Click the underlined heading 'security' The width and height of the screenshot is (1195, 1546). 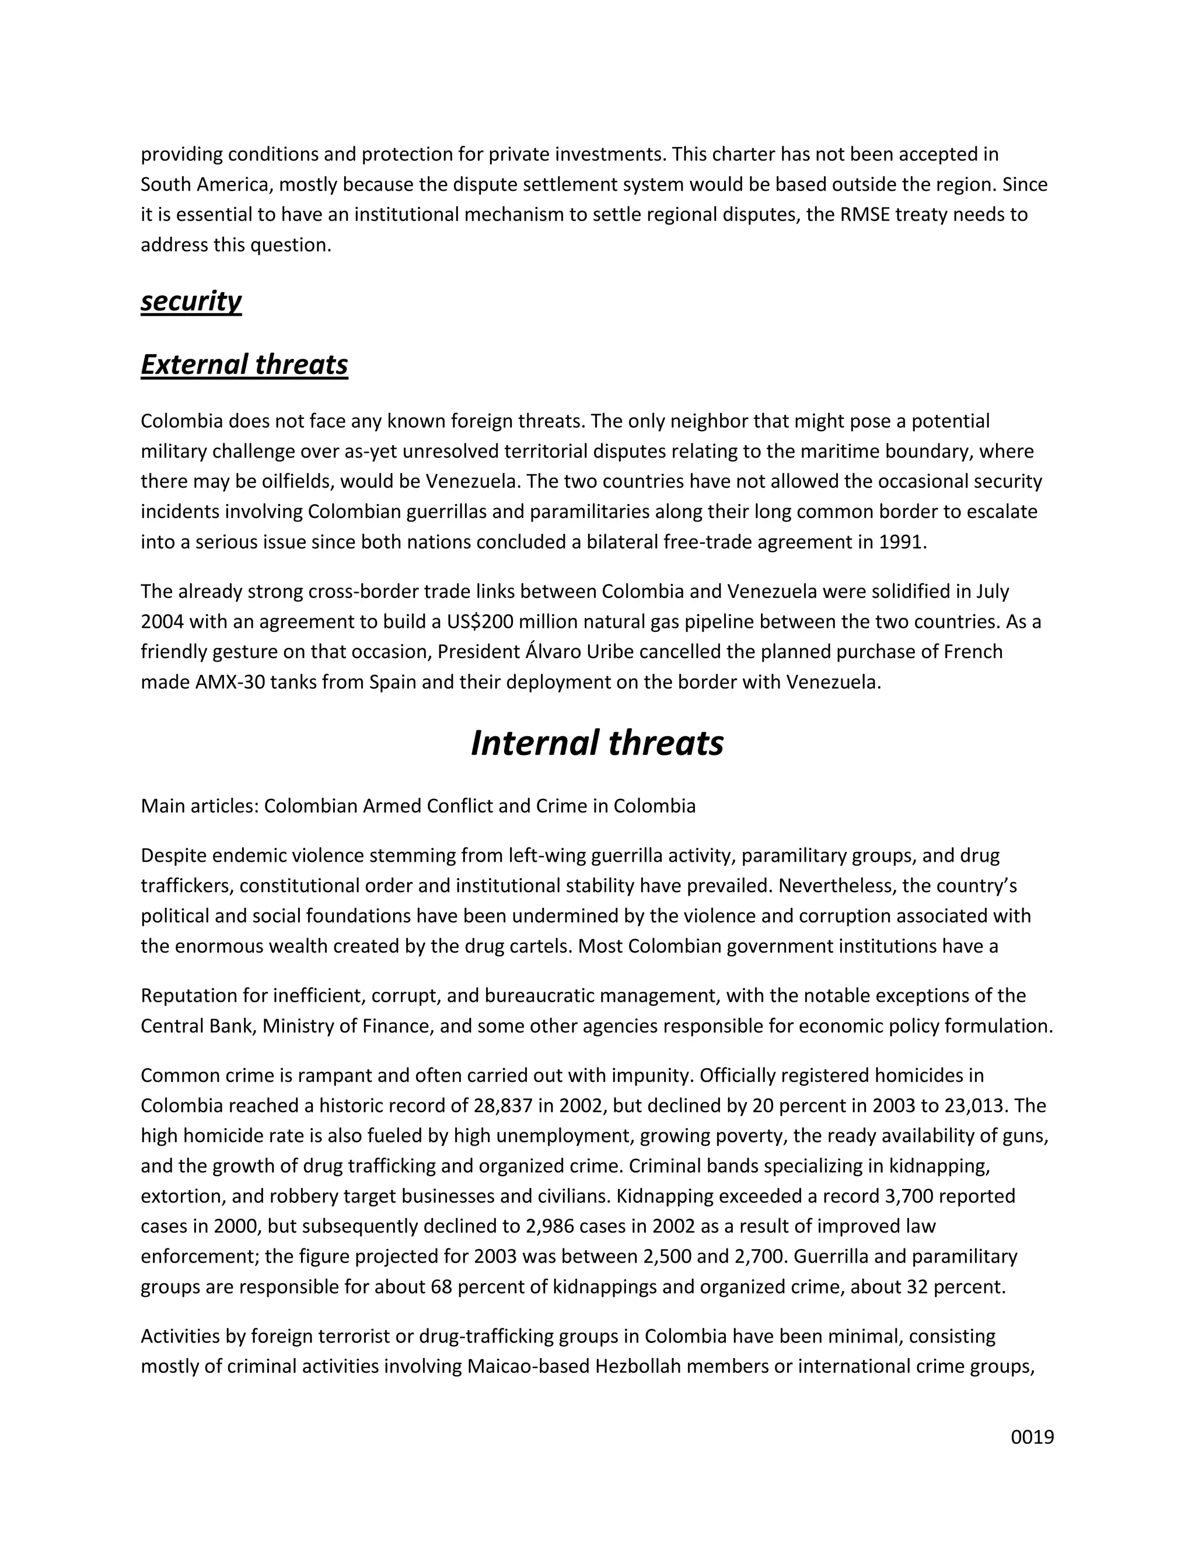[x=191, y=301]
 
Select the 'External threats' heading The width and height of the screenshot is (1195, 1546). [x=244, y=365]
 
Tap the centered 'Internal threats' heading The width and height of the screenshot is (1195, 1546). [x=597, y=743]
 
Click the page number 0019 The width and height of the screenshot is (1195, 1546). [x=1032, y=1437]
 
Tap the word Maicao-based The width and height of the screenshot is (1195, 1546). [x=527, y=1366]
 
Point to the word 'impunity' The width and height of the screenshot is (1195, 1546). [x=651, y=1076]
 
